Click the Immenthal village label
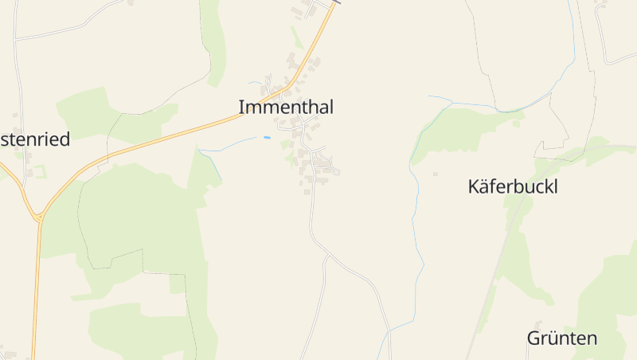click(286, 108)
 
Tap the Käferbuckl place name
click(512, 187)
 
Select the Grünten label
click(562, 338)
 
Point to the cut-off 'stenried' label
click(35, 139)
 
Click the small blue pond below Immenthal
click(267, 138)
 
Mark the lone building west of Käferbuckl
click(435, 174)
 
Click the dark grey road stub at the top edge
click(335, 2)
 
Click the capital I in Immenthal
click(242, 108)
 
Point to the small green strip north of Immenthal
click(296, 37)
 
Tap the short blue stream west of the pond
click(231, 144)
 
